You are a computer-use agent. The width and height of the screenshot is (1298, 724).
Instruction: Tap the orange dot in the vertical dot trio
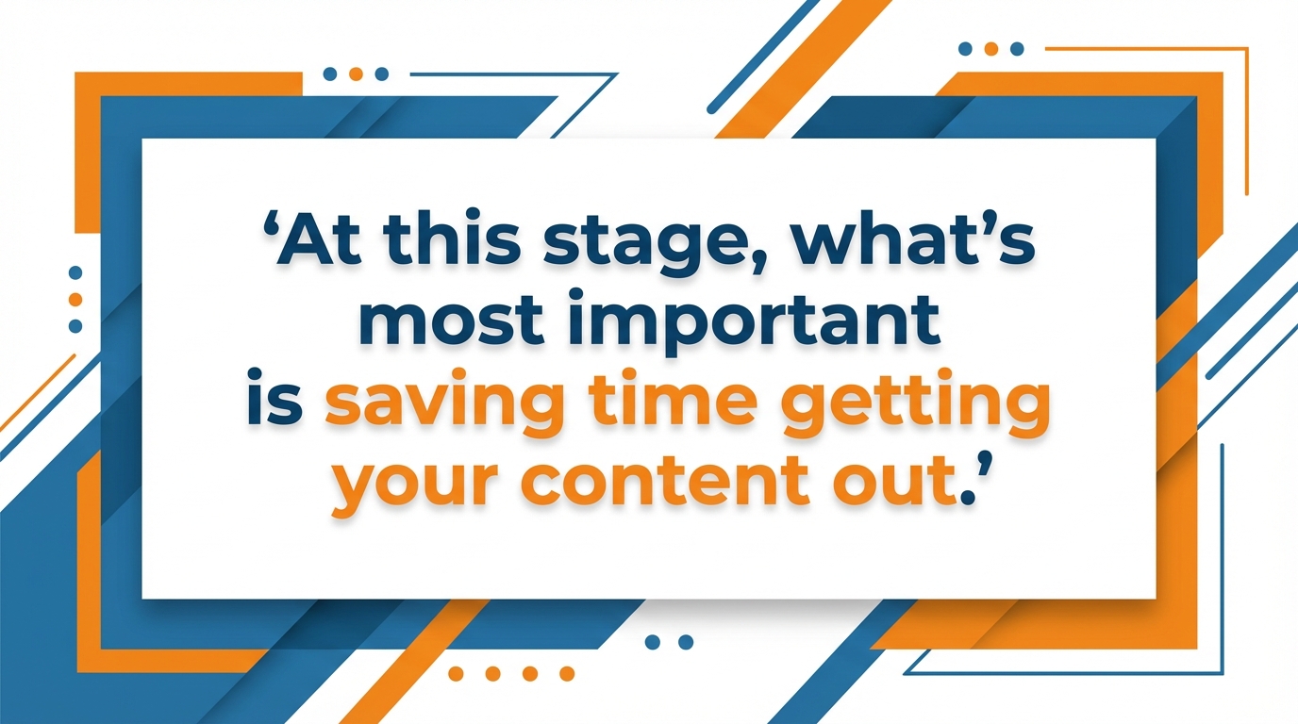pyautogui.click(x=75, y=299)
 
